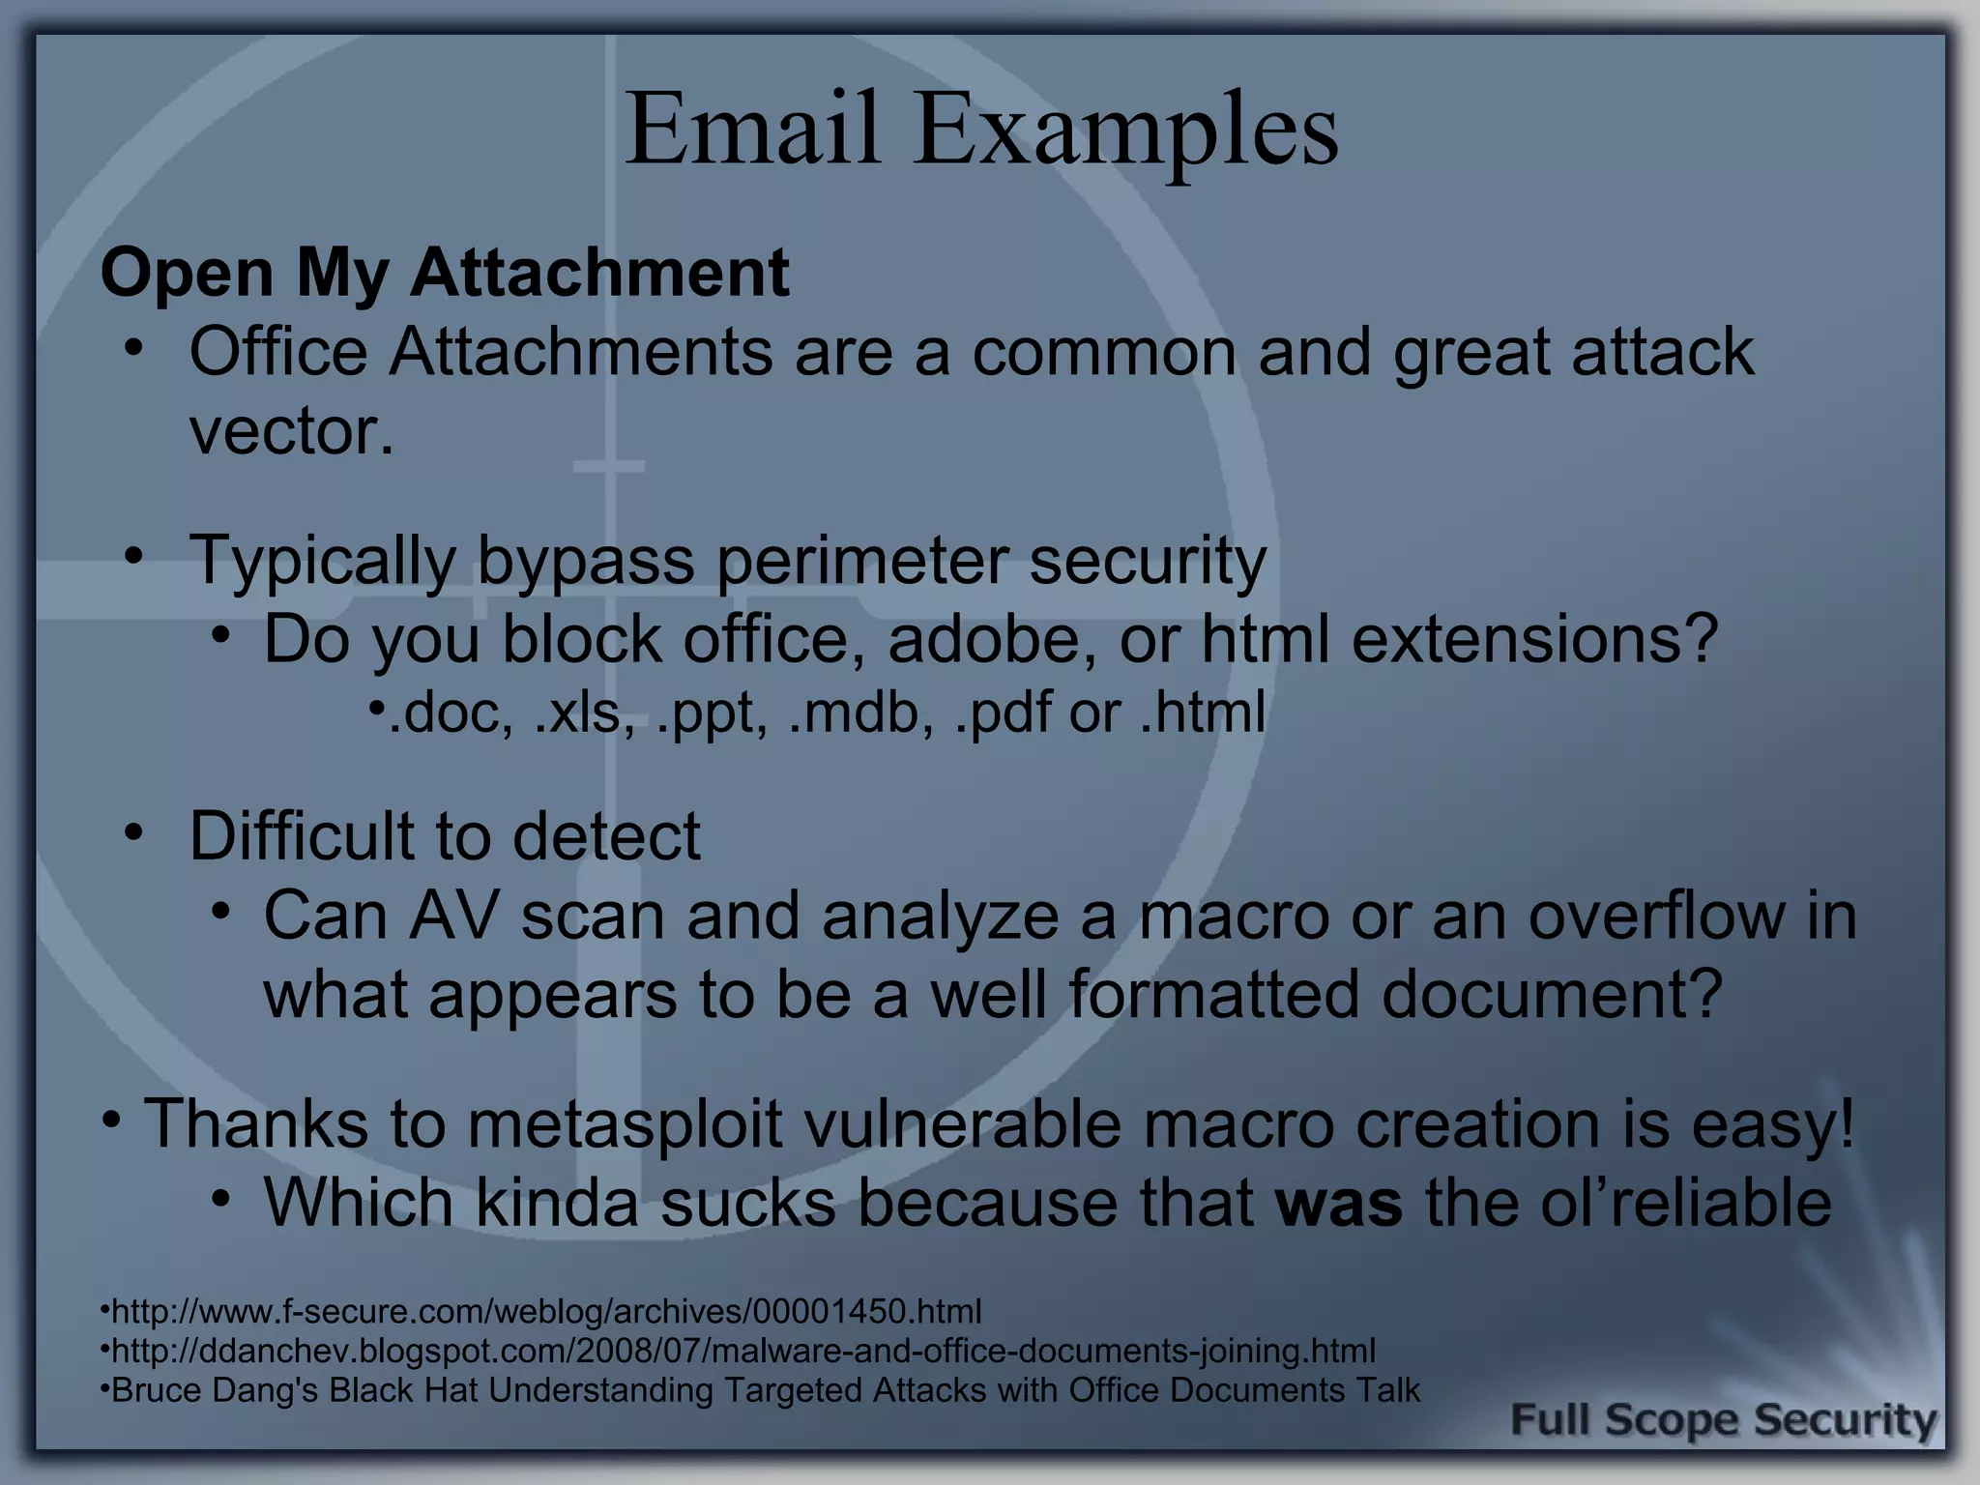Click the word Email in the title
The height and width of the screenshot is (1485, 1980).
(x=752, y=130)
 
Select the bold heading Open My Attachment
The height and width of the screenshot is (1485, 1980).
(x=445, y=273)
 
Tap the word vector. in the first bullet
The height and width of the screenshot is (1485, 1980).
(x=291, y=431)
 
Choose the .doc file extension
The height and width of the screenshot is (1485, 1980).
(x=451, y=713)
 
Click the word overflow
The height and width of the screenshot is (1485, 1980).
(x=1656, y=915)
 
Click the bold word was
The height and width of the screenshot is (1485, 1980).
(x=1339, y=1203)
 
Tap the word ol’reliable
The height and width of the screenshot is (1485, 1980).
(x=1685, y=1203)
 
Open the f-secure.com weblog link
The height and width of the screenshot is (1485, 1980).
(x=546, y=1312)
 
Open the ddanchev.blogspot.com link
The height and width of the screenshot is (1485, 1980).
(x=742, y=1351)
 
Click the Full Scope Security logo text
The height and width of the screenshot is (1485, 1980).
(x=1723, y=1421)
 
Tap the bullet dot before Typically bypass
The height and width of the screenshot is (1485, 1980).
(x=133, y=556)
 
